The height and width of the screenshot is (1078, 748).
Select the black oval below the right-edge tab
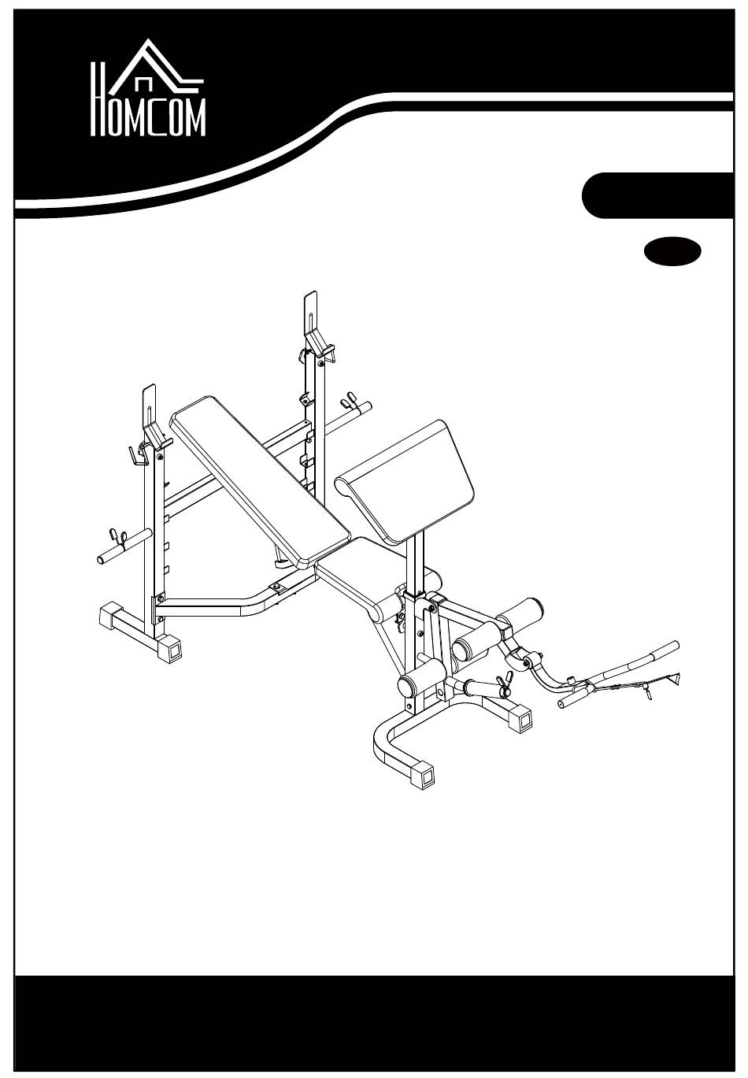pos(672,250)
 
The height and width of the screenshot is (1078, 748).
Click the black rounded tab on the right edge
pos(657,195)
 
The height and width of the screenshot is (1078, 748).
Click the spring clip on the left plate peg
pos(117,535)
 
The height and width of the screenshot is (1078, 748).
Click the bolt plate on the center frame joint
pos(277,586)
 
